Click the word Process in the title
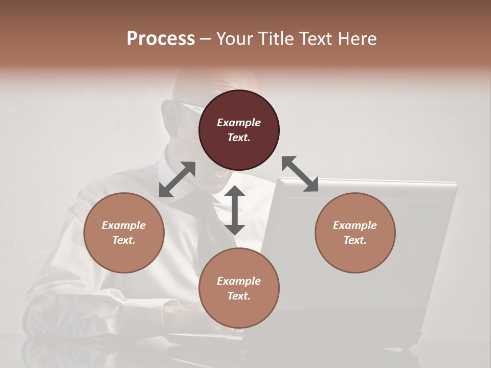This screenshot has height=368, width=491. pos(161,38)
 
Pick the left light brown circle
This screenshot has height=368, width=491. pos(124,233)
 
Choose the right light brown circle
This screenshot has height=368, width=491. pos(355,233)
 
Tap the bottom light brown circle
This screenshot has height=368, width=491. pos(239,288)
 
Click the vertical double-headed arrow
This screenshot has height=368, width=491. pos(235,210)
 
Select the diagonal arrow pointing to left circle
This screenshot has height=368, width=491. pos(177,179)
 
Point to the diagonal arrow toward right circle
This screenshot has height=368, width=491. pos(300,174)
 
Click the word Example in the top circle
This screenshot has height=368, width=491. pos(239,123)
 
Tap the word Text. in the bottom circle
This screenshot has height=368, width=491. pos(239,296)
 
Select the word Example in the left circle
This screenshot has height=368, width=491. pos(124,225)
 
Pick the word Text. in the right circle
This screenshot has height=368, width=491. pos(355,240)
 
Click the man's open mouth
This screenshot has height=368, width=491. pos(221,174)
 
